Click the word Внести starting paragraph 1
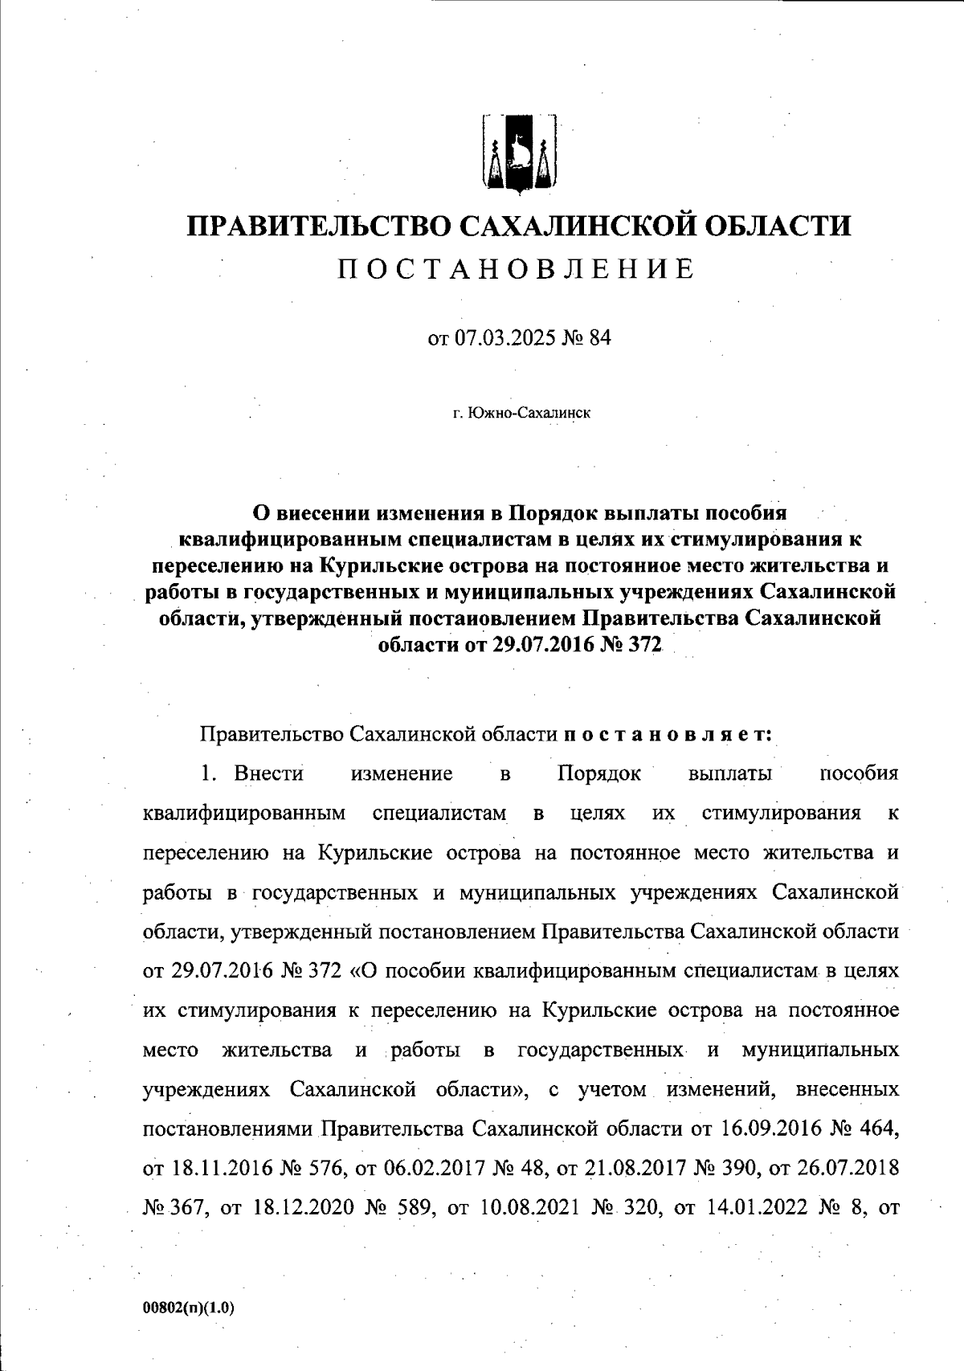point(269,773)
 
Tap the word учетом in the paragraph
point(611,1090)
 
